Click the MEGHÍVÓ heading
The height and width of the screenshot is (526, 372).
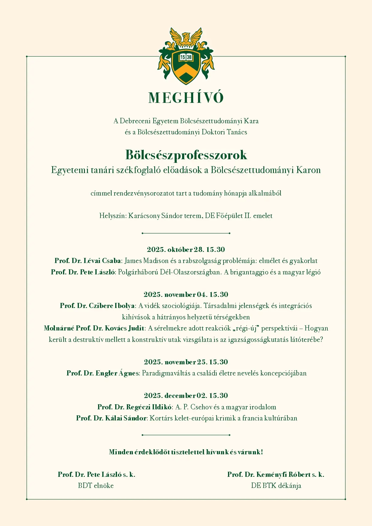[x=186, y=98]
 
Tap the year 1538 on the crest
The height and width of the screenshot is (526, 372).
[x=186, y=57]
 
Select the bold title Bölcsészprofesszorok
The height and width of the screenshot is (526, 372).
[x=186, y=155]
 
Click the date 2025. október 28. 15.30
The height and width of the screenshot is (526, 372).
[x=186, y=250]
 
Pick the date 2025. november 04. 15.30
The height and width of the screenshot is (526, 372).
[x=186, y=294]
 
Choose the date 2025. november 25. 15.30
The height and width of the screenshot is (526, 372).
[x=186, y=362]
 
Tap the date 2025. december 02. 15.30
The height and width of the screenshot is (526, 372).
[x=186, y=396]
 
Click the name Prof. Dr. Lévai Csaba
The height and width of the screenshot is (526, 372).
[x=88, y=261]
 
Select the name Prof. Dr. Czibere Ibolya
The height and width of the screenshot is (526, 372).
[x=97, y=306]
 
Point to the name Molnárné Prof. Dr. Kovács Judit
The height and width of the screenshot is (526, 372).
[x=94, y=328]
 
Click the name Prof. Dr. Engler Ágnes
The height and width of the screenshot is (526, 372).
[x=103, y=373]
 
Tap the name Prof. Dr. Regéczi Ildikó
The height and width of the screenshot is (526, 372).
[x=135, y=407]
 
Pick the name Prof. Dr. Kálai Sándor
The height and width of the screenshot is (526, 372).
[x=111, y=418]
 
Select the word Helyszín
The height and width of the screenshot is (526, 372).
[x=113, y=216]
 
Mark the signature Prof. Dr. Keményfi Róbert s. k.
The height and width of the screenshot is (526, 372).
[x=276, y=474]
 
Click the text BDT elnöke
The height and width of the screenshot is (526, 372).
[x=96, y=486]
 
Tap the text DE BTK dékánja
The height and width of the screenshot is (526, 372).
[x=276, y=486]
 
